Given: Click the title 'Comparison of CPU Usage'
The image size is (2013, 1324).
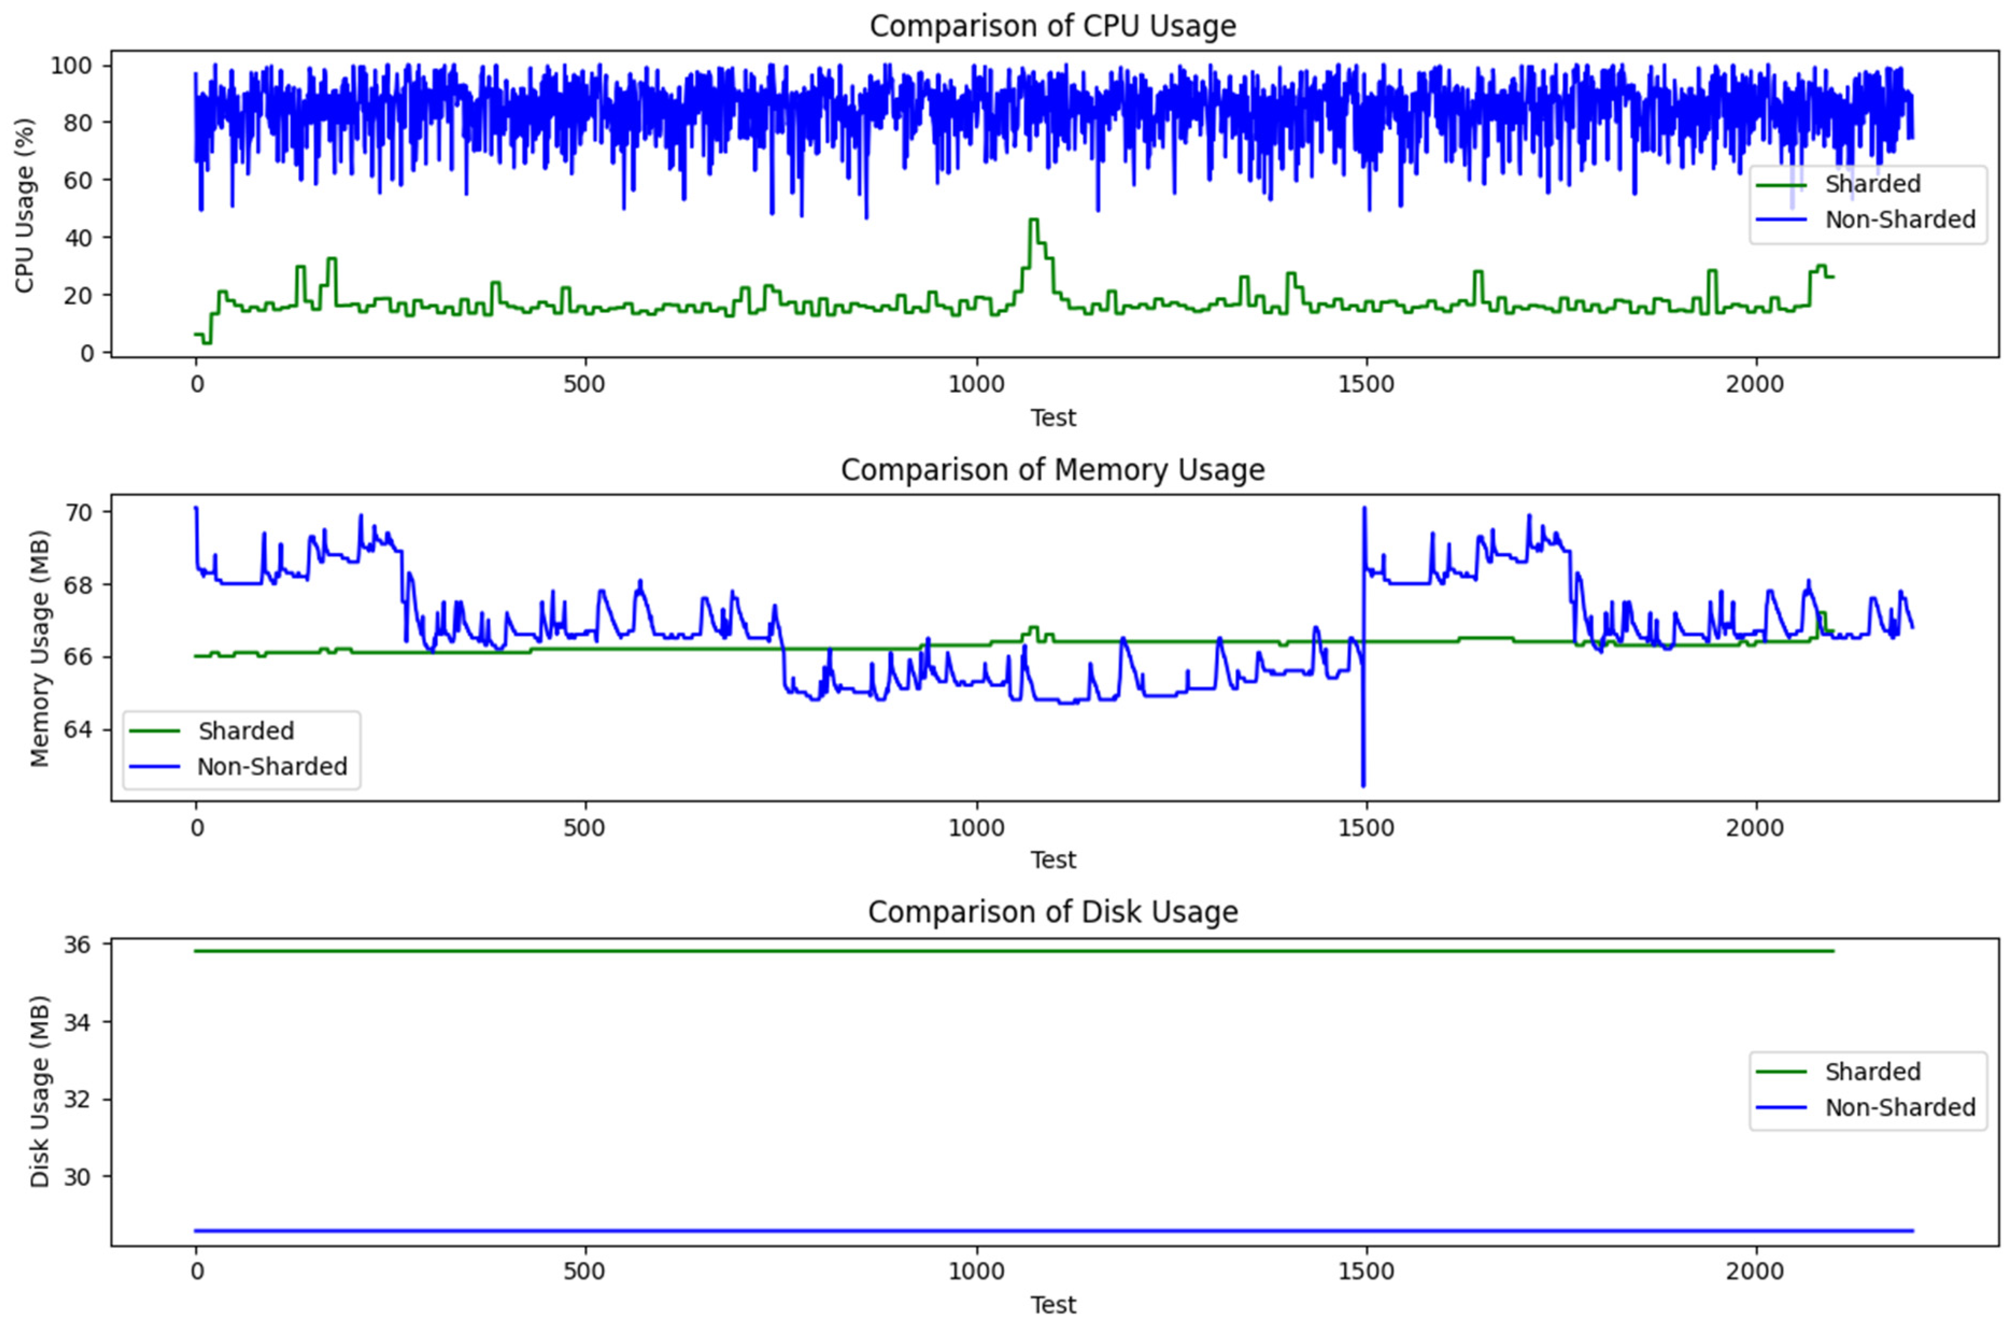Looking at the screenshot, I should click(x=1052, y=26).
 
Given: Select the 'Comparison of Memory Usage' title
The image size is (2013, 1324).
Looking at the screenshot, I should click(x=1052, y=470).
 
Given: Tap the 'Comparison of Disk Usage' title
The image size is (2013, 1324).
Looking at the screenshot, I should click(x=1052, y=912).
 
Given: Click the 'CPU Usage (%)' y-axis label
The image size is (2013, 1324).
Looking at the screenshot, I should click(x=25, y=206).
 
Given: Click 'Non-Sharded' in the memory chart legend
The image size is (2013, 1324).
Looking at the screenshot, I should click(x=272, y=767).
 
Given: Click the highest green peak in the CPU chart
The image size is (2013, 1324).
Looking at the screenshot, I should click(x=1033, y=220).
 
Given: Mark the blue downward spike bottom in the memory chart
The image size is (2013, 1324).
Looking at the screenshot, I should click(x=1363, y=785).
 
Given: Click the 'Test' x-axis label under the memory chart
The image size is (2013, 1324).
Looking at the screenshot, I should click(x=1052, y=860).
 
